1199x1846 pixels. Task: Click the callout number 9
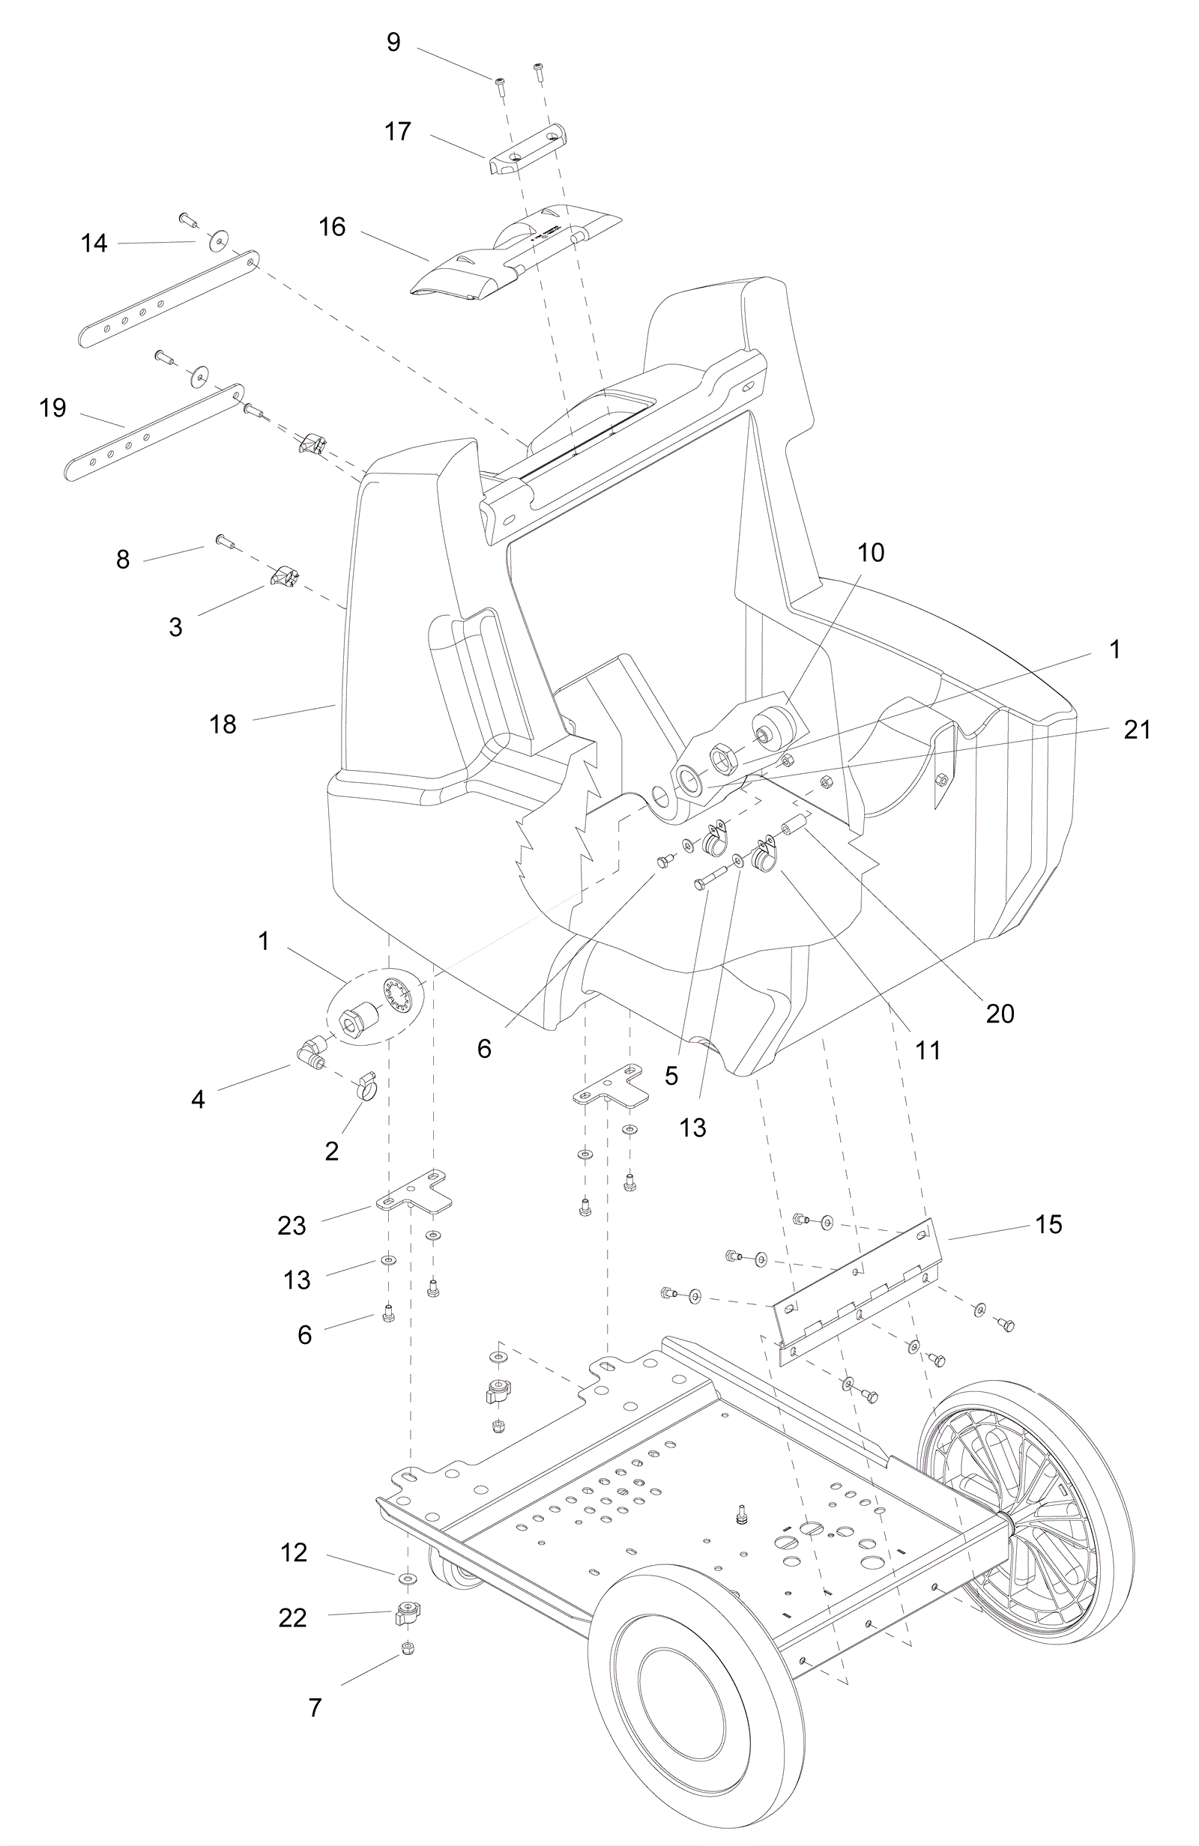click(393, 43)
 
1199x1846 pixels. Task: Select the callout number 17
click(397, 132)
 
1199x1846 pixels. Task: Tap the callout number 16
click(332, 227)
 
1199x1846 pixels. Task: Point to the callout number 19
click(52, 408)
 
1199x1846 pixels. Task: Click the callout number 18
click(223, 724)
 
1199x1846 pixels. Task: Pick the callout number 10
click(871, 553)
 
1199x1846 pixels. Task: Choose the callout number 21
click(1137, 730)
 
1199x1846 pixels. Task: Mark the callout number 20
click(1000, 1013)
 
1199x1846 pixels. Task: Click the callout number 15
click(1048, 1224)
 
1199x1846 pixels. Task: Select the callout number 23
click(292, 1226)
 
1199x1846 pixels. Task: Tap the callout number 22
click(292, 1618)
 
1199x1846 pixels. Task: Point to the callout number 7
click(315, 1707)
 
